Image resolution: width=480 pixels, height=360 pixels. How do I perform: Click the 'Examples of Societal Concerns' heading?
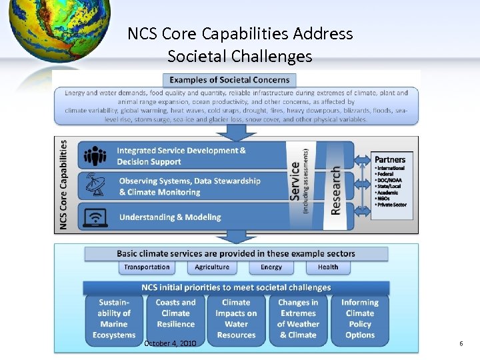point(230,80)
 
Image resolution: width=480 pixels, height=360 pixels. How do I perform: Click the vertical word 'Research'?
point(336,190)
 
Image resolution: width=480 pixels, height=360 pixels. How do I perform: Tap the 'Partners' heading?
point(390,159)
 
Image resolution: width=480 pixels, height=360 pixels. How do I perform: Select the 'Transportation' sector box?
point(147,267)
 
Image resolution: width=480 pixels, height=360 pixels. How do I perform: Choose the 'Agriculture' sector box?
point(212,267)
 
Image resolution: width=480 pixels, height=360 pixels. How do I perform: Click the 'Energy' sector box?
point(271,267)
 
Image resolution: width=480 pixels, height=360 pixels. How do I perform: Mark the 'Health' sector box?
point(328,267)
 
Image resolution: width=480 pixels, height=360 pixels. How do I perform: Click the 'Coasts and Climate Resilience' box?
point(176,319)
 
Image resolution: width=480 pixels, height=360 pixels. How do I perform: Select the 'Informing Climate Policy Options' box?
point(360,319)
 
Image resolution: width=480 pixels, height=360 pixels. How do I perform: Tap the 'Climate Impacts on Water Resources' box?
point(237,319)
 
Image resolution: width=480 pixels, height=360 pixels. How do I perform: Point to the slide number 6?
point(461,343)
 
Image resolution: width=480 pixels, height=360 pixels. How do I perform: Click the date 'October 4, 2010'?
point(170,343)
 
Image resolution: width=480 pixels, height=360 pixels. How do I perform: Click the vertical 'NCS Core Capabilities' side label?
point(64,185)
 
